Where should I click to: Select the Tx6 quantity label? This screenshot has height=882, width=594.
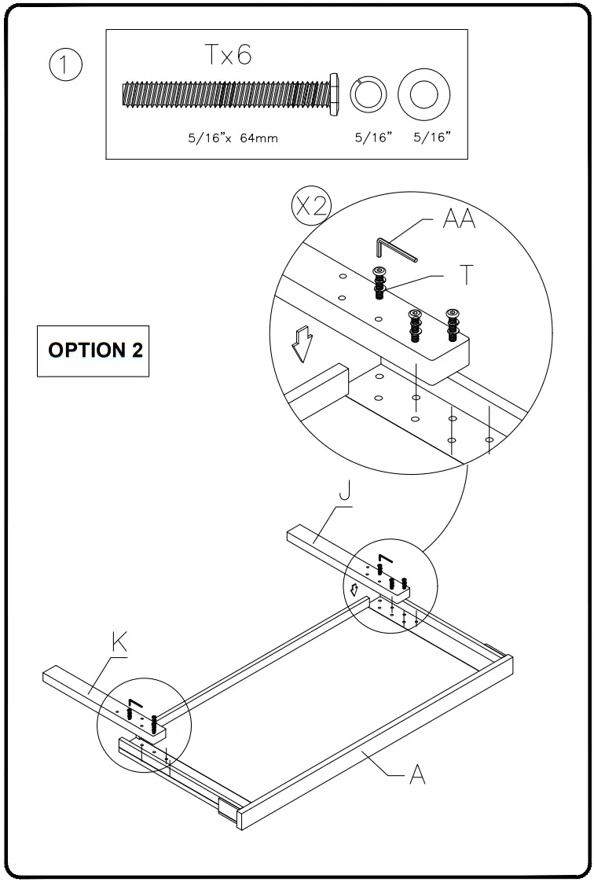point(228,55)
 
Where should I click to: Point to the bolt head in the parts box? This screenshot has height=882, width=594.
point(334,94)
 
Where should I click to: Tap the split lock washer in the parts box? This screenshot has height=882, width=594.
point(367,94)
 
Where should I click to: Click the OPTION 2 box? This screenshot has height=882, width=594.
point(94,350)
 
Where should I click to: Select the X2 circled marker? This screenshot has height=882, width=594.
point(311,206)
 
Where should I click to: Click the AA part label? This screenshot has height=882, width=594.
point(459,219)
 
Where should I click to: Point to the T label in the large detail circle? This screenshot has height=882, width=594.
point(467,274)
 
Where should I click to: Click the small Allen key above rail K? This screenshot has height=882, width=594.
point(134,702)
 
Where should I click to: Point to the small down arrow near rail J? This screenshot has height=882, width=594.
point(354,589)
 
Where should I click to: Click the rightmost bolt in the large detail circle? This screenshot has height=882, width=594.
point(452,325)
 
